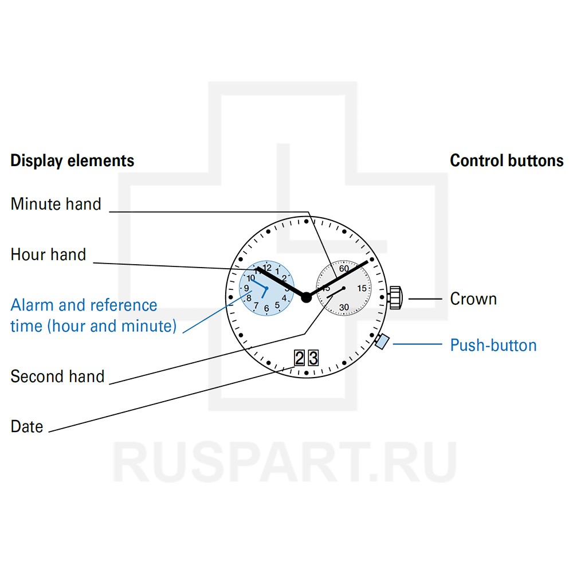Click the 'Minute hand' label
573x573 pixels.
coord(56,204)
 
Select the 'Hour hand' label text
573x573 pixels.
coord(48,254)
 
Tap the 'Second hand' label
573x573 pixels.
coord(57,376)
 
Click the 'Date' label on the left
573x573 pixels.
coord(27,426)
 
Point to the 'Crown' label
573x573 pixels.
coord(473,299)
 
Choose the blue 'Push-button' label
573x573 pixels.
coord(493,345)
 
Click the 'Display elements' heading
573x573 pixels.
coord(72,160)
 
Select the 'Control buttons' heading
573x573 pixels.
coord(507,160)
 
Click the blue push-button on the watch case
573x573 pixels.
coord(382,342)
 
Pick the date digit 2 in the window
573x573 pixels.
coord(299,359)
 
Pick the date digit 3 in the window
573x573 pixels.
coord(313,359)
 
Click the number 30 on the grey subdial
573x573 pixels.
coord(344,308)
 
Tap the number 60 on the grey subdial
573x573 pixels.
coord(344,268)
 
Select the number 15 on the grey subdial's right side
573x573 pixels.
coord(362,288)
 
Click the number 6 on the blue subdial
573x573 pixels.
coord(266,308)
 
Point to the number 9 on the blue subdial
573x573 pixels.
coord(246,288)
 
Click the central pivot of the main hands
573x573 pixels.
coord(306,296)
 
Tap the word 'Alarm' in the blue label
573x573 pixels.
coord(32,305)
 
